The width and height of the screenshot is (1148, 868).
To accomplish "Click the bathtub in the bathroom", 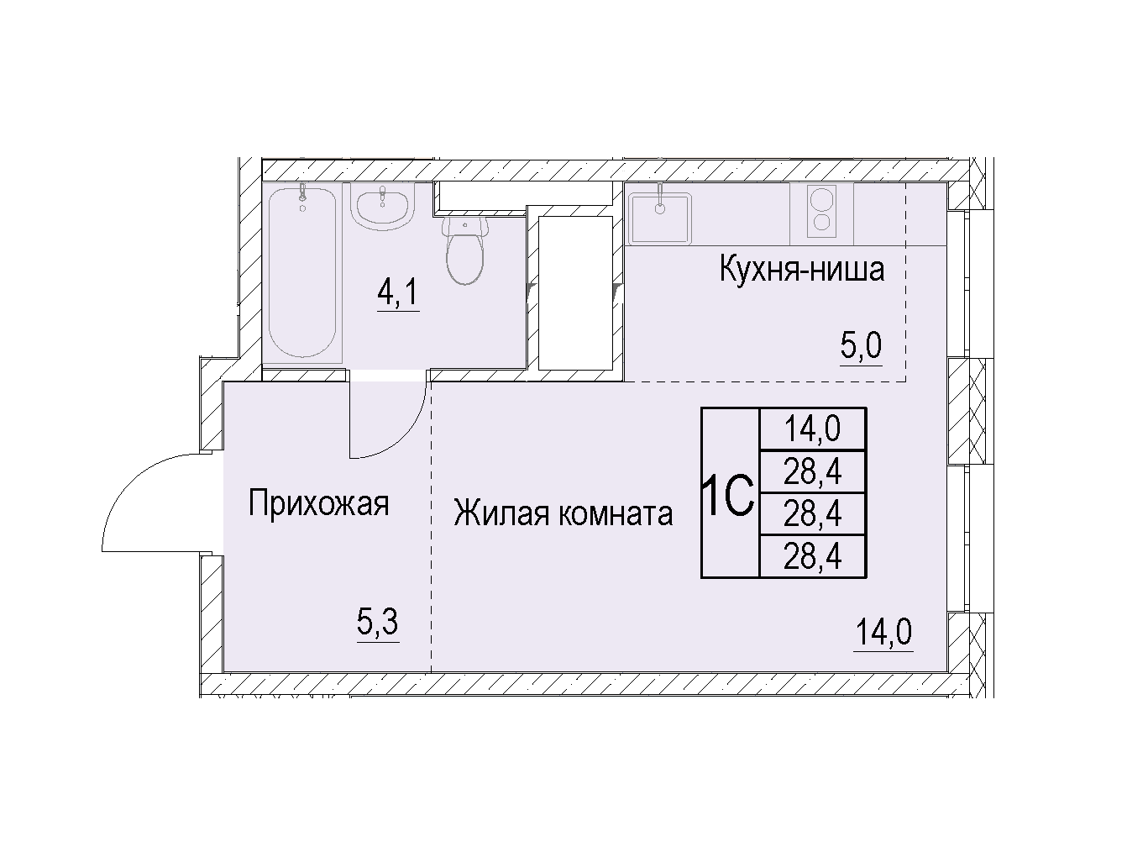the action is tap(302, 272).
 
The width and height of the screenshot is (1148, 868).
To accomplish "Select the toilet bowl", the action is tap(464, 250).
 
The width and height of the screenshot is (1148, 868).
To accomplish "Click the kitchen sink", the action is tap(660, 217).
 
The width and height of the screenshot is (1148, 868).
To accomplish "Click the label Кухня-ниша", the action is tap(802, 270).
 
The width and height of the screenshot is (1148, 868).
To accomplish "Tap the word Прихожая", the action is tap(318, 503).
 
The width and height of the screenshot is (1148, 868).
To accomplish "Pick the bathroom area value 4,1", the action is tap(398, 293).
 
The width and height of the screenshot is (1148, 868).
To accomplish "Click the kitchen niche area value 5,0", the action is tap(861, 345).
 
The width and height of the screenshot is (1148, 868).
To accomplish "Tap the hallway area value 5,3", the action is tap(378, 623).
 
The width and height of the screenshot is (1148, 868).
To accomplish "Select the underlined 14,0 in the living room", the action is tap(883, 632).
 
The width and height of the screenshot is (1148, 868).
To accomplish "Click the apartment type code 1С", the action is tap(730, 494).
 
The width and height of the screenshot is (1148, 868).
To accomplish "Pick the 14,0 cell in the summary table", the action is tap(812, 429).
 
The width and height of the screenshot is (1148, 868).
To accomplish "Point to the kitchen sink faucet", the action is tap(660, 199).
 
